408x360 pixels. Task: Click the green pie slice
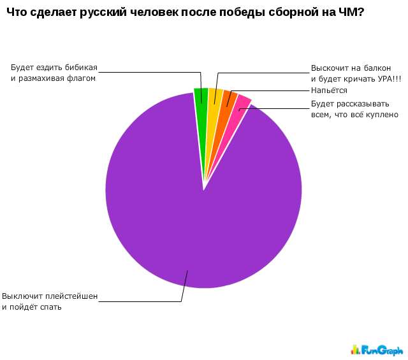201,96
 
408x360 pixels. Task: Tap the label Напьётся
329,91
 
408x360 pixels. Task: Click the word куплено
382,115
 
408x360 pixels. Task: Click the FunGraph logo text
382,349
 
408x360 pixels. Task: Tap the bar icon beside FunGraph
356,349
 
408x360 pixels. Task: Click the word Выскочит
328,68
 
